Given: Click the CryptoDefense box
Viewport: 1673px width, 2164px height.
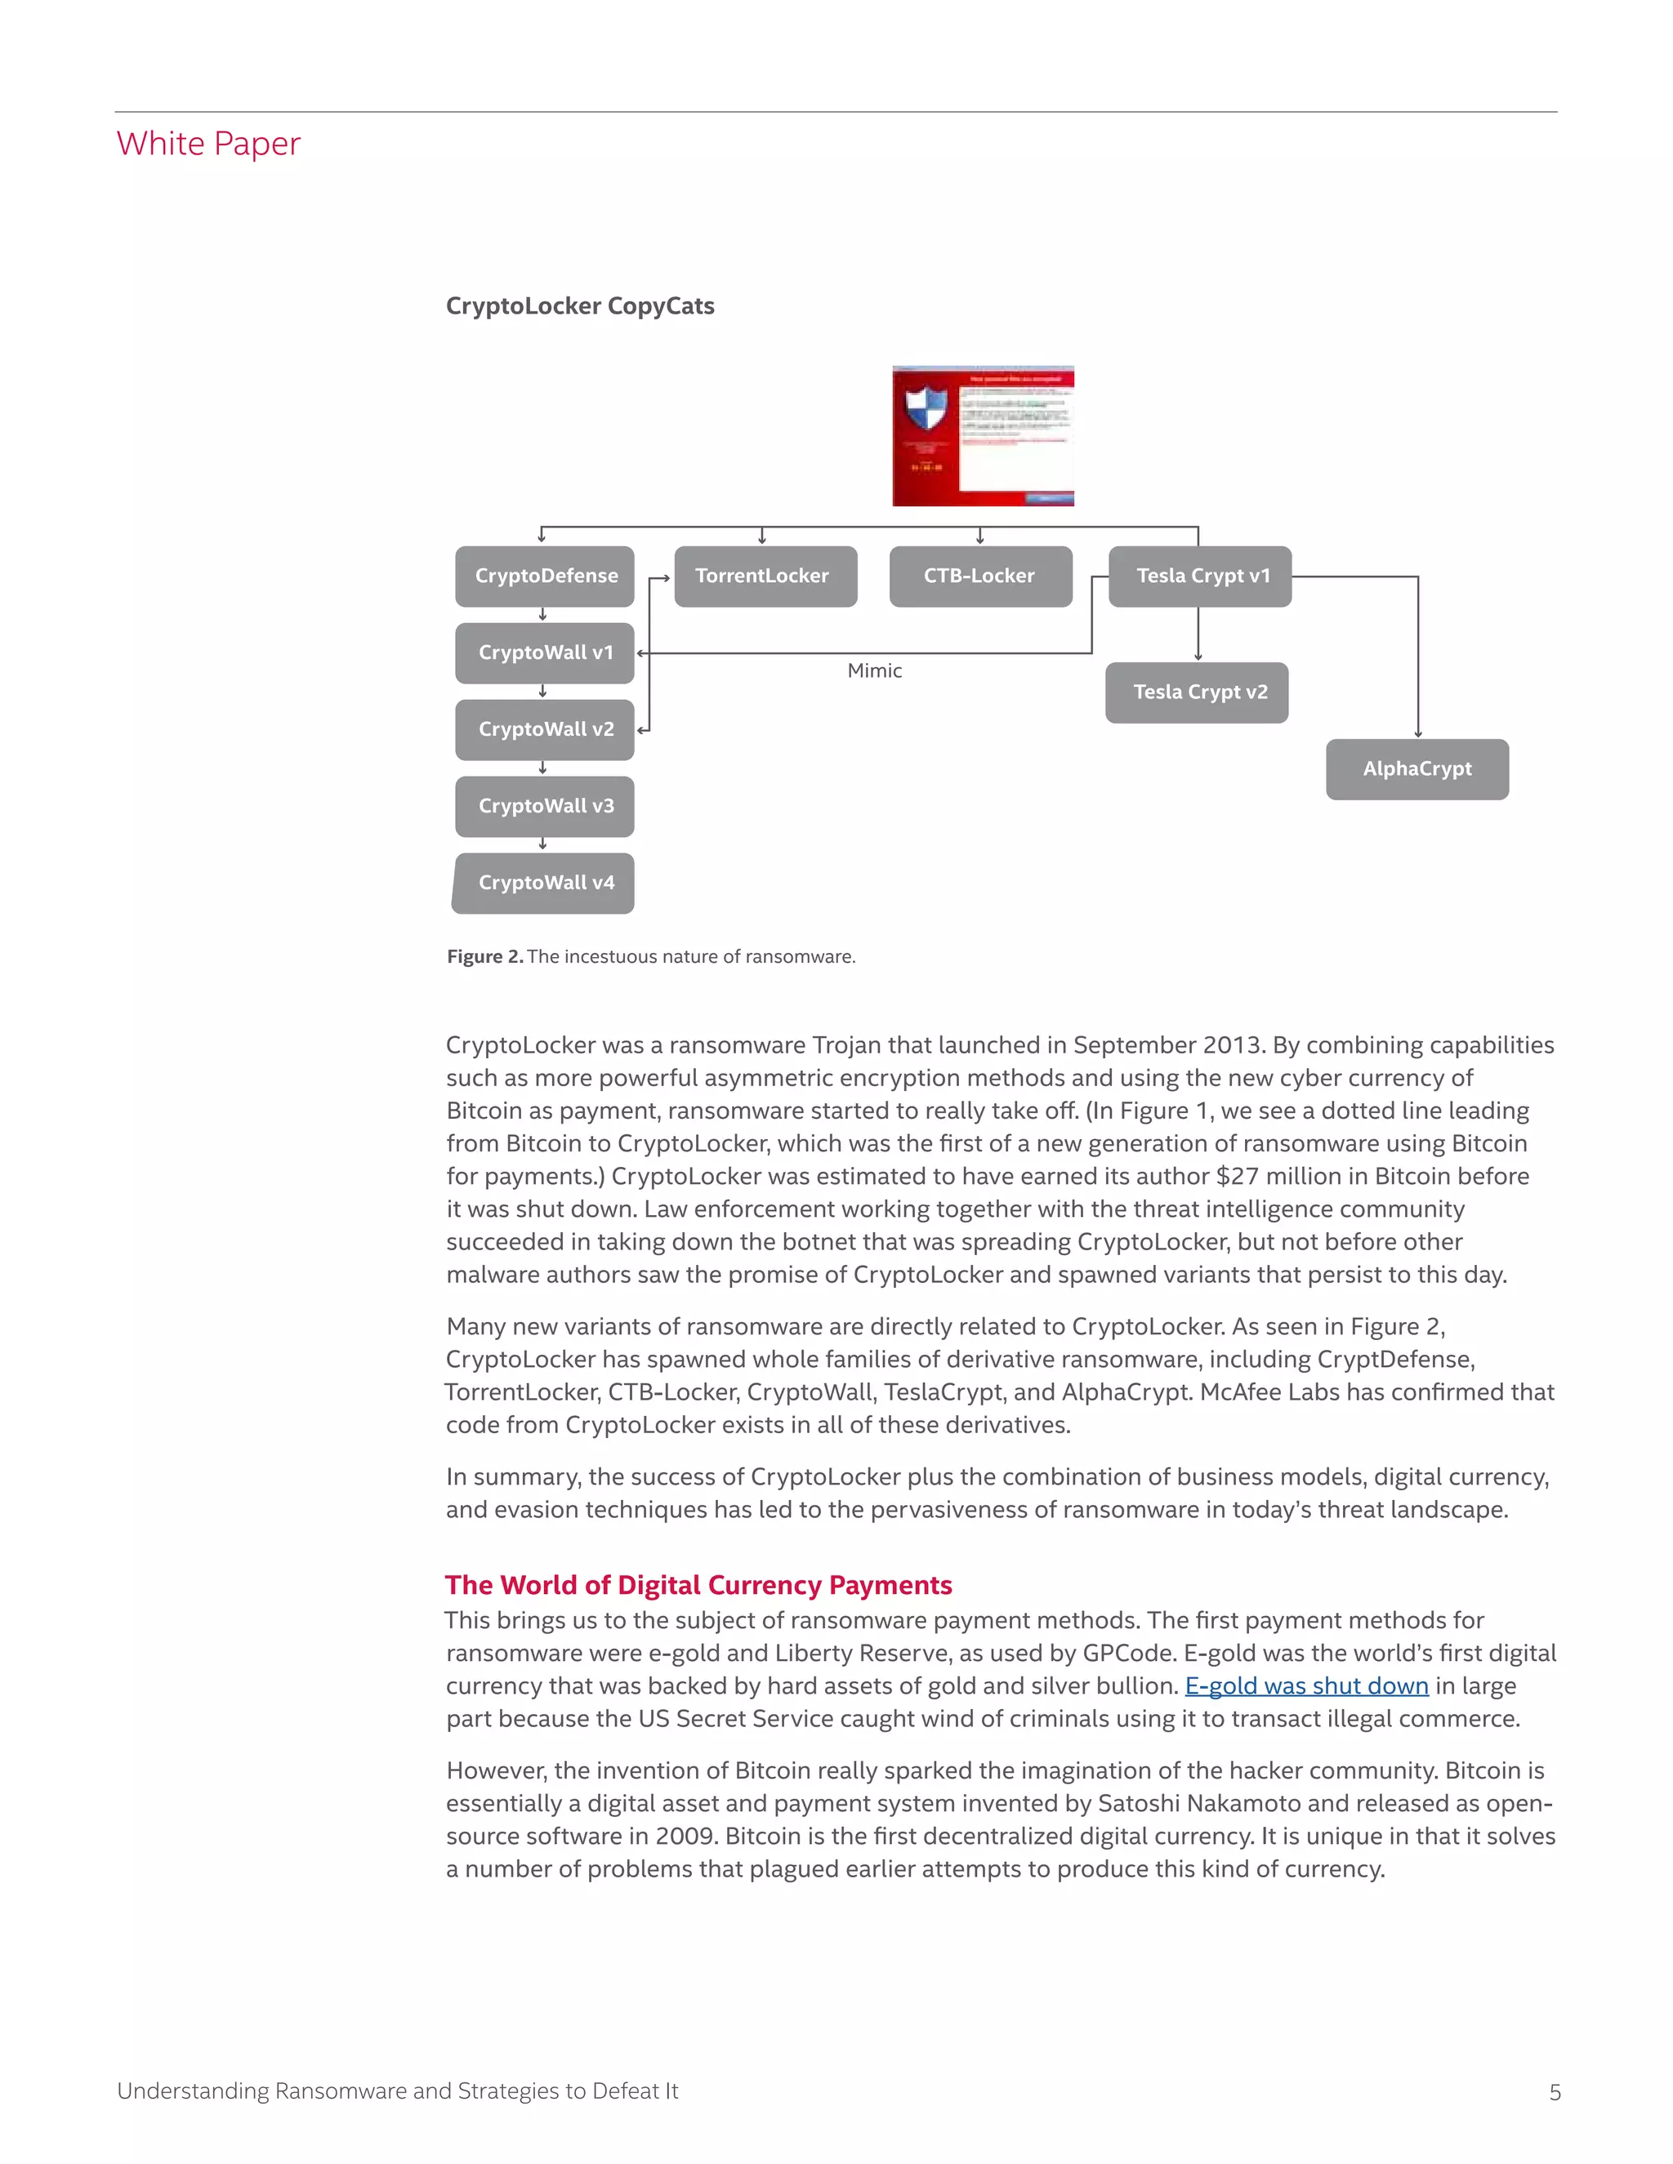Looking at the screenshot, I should coord(544,576).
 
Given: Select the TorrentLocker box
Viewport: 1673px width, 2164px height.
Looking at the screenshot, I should coord(764,576).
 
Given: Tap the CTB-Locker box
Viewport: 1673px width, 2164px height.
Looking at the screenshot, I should coord(979,576).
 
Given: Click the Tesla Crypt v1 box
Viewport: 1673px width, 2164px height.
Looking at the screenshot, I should coord(1200,576).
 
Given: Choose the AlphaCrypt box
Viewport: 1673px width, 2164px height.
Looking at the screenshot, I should coord(1416,769).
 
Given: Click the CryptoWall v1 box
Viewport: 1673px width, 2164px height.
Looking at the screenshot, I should coord(544,652).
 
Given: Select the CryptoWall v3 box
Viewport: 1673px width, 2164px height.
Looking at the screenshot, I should coord(544,805).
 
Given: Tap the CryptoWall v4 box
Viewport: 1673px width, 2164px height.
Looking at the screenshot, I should coord(544,883).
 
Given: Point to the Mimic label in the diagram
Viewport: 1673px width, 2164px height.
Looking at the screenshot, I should coord(874,670).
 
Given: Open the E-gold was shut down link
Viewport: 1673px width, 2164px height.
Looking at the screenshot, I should coord(1305,1685).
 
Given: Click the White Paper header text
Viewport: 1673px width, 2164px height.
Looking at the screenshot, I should coord(208,144).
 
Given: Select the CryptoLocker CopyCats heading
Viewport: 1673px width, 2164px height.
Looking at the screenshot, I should coord(580,306).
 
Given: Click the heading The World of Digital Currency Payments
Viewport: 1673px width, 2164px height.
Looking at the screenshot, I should coord(698,1584).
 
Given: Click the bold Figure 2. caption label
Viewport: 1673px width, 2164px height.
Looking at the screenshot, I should coord(484,956).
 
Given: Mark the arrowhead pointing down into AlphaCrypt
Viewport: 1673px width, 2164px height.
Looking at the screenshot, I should coord(1417,733).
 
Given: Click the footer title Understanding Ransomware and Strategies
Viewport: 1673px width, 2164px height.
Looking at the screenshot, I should coord(396,2091).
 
